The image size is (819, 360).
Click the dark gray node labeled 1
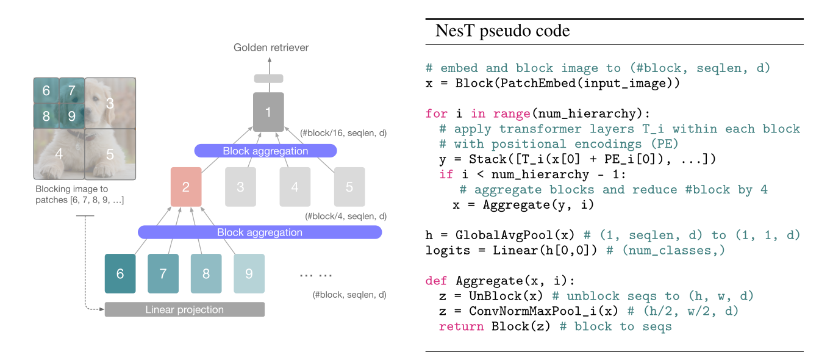[x=268, y=112]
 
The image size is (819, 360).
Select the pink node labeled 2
[x=186, y=187]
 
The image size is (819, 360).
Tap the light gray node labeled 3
[x=240, y=187]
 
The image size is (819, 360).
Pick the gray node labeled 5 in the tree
[x=349, y=187]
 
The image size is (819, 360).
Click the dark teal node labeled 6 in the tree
[x=120, y=273]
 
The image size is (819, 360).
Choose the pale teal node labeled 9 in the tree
[x=249, y=273]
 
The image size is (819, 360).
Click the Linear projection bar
[x=185, y=309]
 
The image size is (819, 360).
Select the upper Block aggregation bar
[x=265, y=151]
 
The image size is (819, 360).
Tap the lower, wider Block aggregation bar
[x=260, y=232]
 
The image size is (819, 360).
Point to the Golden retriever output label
[x=271, y=47]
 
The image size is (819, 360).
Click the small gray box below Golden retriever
[x=268, y=78]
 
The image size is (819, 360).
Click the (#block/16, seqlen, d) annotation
[x=344, y=132]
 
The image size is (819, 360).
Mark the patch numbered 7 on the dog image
[x=72, y=91]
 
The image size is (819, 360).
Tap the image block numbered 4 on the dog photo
[x=59, y=154]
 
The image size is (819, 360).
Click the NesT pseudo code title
[x=502, y=31]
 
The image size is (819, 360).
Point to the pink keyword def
[x=436, y=281]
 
